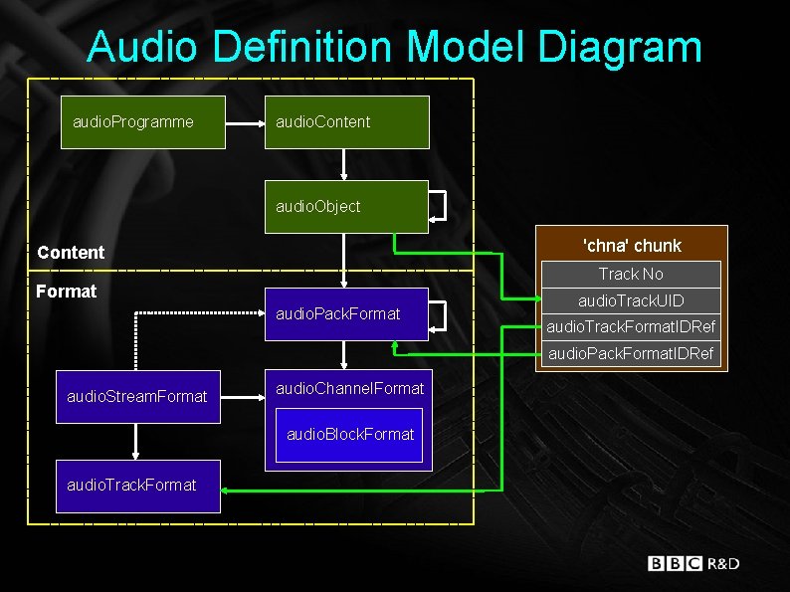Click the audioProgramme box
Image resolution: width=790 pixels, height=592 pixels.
(x=142, y=122)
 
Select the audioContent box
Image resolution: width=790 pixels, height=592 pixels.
(x=346, y=122)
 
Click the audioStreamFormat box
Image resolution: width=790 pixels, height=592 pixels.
(x=138, y=396)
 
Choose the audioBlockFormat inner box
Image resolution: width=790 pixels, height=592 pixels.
(x=349, y=435)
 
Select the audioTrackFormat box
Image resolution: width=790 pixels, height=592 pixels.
(x=138, y=486)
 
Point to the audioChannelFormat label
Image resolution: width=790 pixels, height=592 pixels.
(x=349, y=388)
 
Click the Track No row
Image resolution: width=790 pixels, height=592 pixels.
(x=631, y=274)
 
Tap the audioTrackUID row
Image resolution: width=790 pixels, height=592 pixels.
(x=631, y=300)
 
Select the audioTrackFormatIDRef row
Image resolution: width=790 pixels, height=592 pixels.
(x=631, y=326)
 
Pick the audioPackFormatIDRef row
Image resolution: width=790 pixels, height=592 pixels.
(x=631, y=353)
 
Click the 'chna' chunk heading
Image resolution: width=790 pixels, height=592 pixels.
(x=631, y=245)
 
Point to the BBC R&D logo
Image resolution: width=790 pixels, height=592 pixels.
(x=693, y=563)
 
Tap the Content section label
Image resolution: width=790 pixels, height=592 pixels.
(x=71, y=252)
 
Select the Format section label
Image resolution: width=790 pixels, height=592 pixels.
(x=66, y=292)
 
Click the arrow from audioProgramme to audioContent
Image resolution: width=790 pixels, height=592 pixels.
(x=245, y=122)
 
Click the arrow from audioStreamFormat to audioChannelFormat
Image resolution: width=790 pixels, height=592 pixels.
(x=243, y=396)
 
